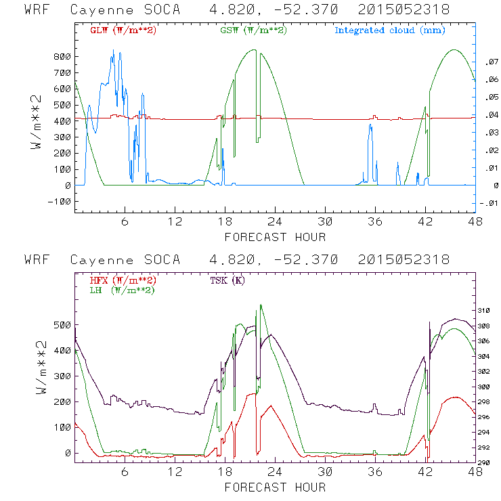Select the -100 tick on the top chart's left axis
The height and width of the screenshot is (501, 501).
[x=59, y=201]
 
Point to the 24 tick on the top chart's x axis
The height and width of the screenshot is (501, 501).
[x=275, y=222]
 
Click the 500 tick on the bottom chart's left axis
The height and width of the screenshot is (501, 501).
[x=62, y=324]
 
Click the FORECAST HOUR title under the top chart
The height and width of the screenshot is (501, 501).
[x=275, y=237]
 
